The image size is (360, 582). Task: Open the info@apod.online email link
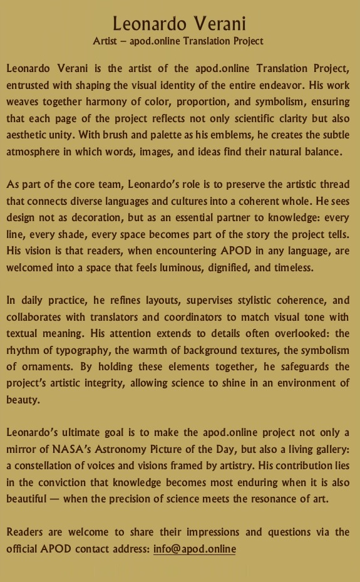click(x=194, y=549)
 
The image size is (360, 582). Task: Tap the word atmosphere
click(x=34, y=152)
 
